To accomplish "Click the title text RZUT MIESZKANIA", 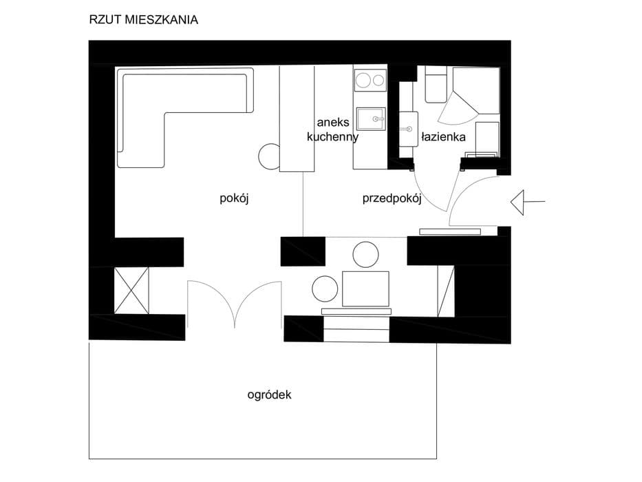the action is [143, 20].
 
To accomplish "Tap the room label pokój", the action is [234, 198].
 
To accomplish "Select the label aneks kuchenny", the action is [332, 129].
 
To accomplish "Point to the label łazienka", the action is [443, 136].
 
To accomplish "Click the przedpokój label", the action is [392, 199].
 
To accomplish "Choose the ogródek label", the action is [270, 395].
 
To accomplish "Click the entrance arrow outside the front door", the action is [528, 202].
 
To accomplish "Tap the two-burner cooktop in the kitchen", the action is [370, 80].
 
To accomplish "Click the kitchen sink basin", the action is [370, 119].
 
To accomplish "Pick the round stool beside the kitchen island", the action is [270, 156].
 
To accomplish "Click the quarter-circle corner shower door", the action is [457, 108].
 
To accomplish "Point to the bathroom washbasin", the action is [408, 129].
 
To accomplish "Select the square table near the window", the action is [365, 289].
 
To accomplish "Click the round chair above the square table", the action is [365, 255].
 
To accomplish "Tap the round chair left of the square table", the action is [325, 288].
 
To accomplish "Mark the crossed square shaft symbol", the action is [131, 291].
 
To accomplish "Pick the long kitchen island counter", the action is [297, 119].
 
